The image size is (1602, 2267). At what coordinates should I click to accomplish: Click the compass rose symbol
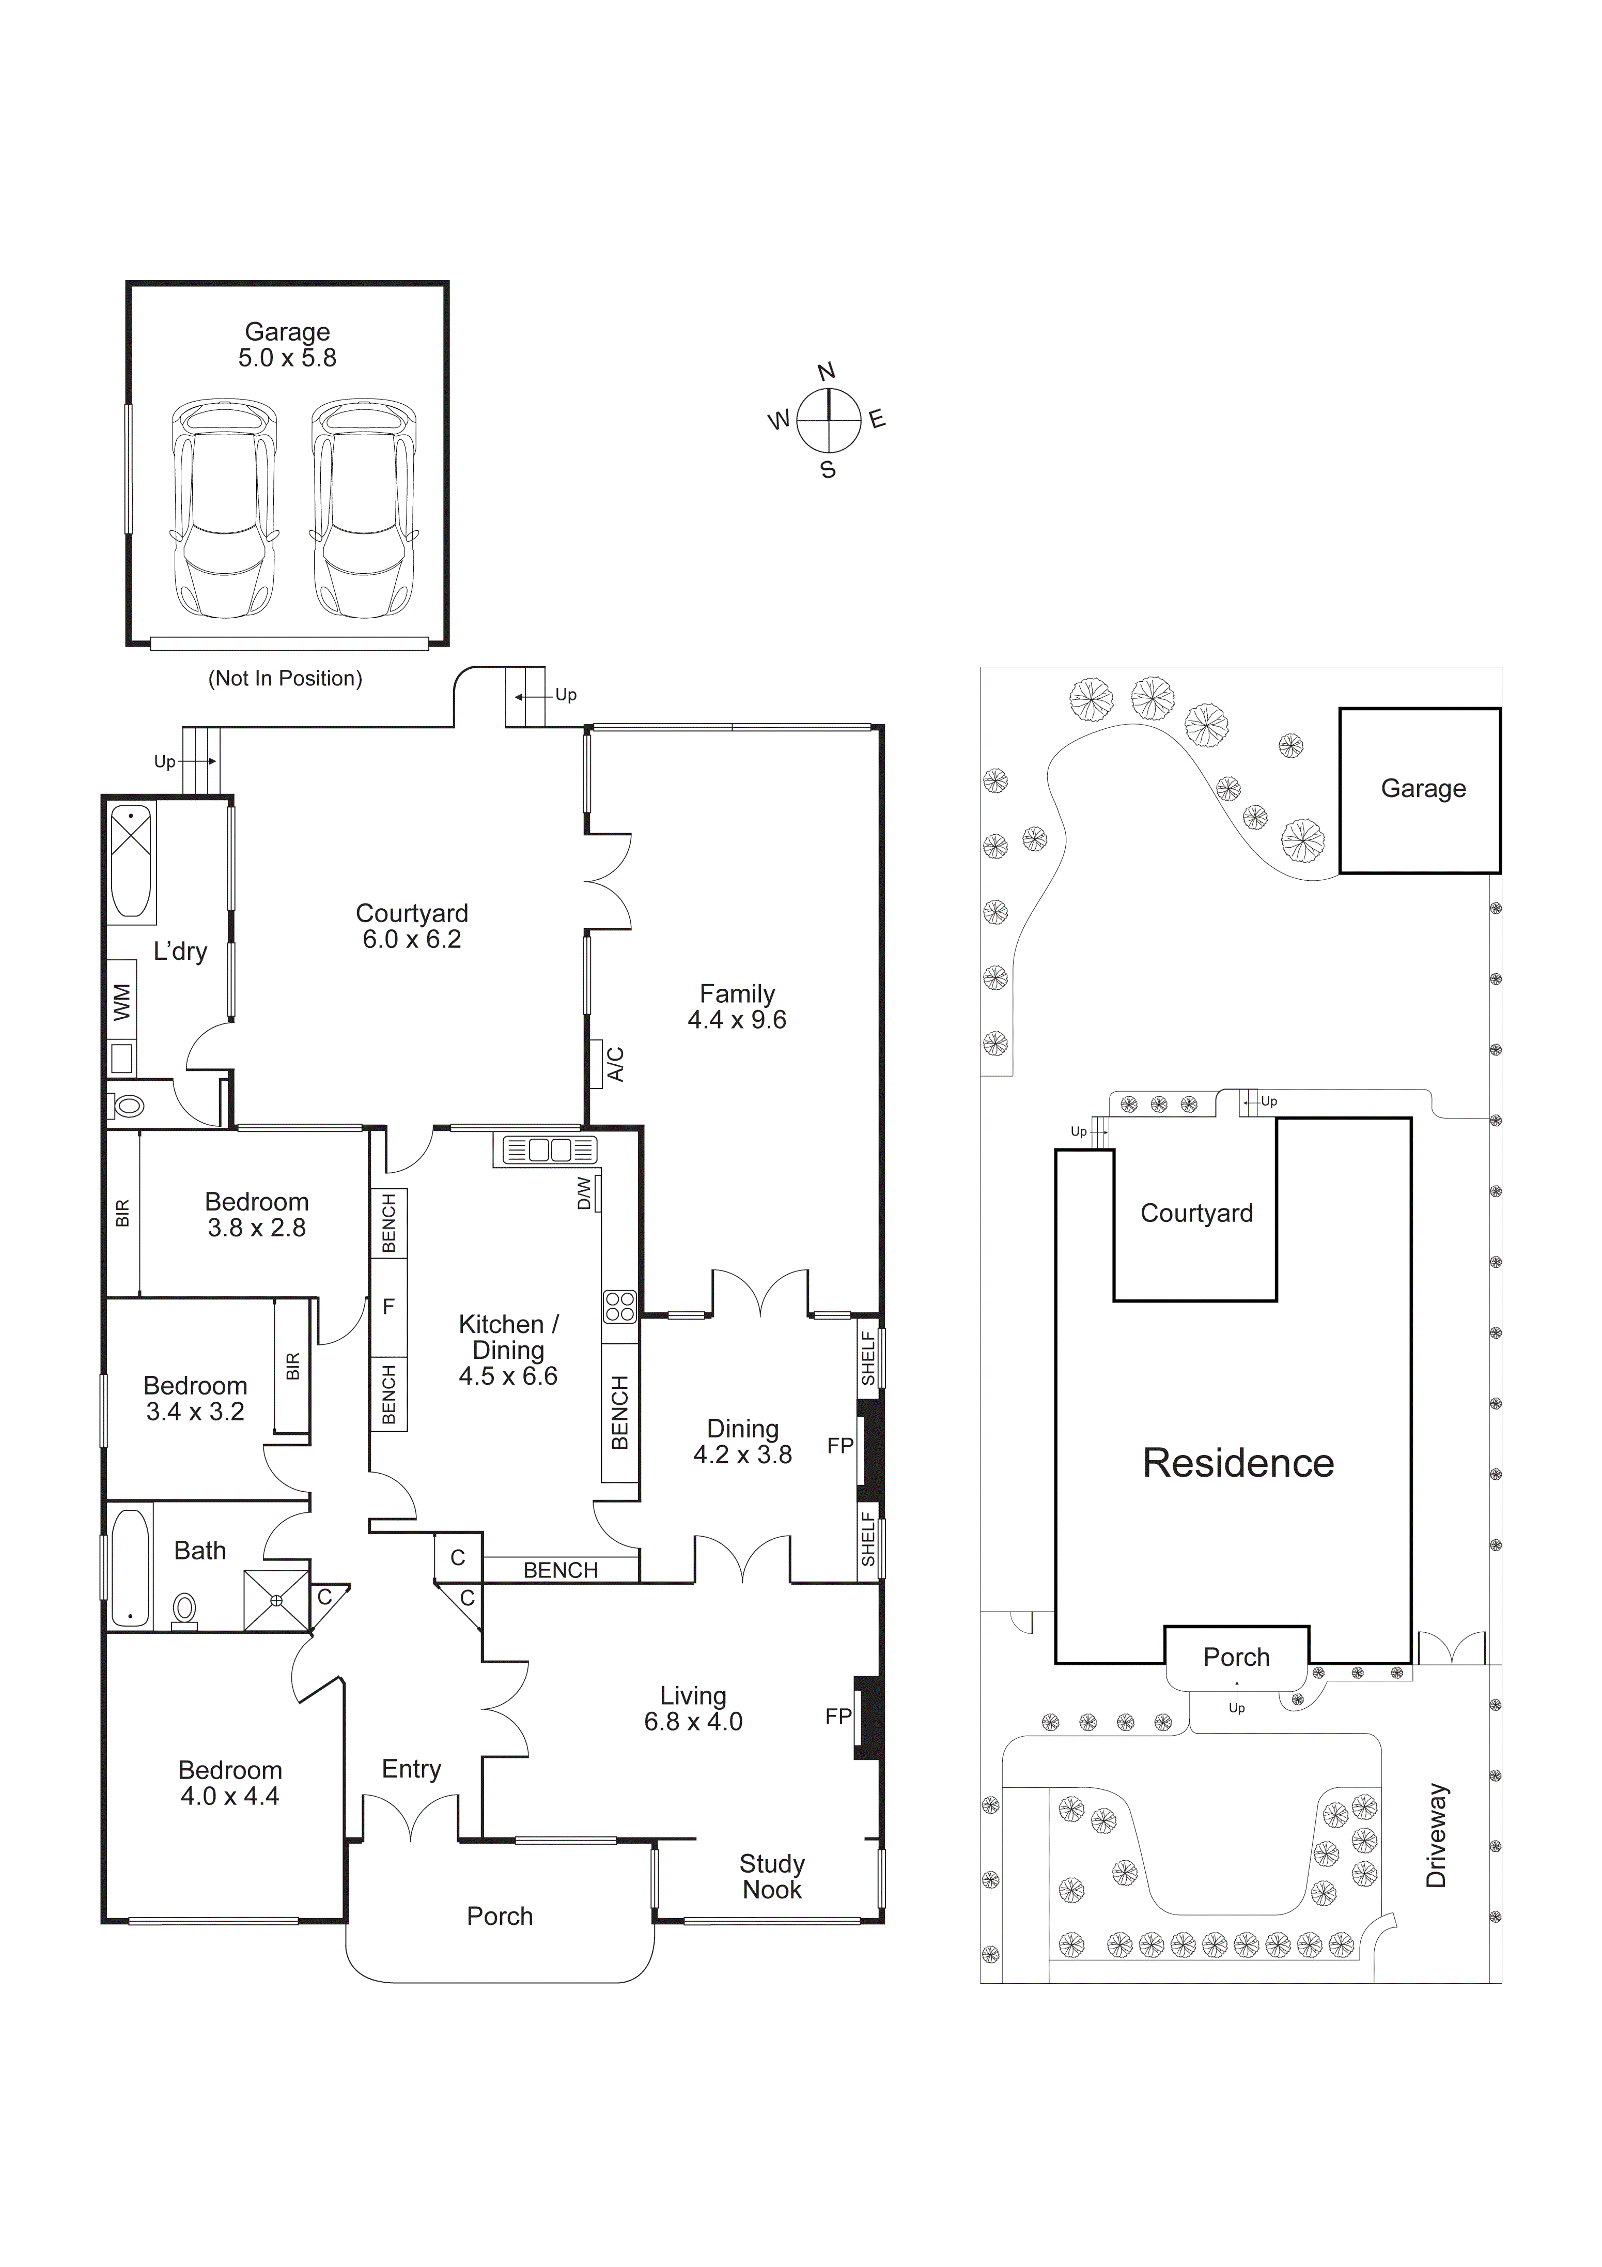[828, 420]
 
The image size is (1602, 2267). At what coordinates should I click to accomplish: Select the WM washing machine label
[121, 1002]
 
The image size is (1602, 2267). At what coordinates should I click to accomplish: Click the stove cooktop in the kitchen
[620, 1306]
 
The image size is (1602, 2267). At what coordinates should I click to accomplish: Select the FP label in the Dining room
[840, 1446]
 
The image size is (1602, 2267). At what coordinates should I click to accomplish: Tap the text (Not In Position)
[285, 678]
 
